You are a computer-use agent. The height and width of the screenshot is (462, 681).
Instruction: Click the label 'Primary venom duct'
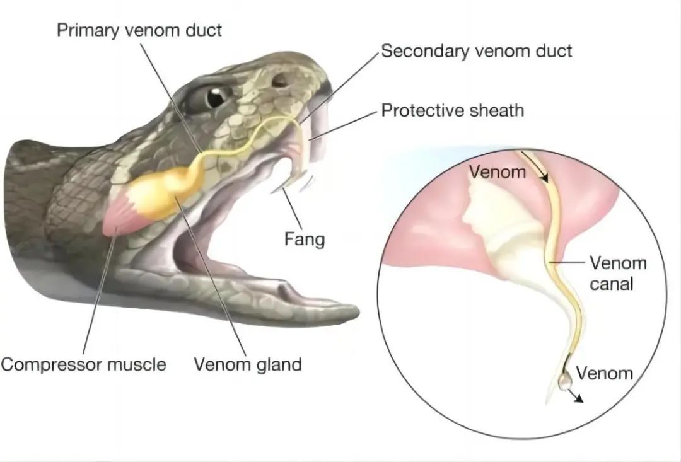tap(139, 30)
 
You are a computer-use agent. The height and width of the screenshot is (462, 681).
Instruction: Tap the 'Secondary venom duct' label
tap(477, 51)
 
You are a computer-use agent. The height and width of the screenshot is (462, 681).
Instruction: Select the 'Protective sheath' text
tap(453, 110)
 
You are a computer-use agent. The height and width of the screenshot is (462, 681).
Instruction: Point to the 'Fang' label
tap(305, 240)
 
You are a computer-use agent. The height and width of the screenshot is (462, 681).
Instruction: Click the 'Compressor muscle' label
tap(83, 364)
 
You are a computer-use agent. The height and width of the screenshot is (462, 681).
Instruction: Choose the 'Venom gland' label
tap(248, 364)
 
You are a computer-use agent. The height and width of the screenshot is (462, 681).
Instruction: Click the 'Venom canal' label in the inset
tap(618, 273)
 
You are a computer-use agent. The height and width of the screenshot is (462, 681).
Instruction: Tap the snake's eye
tap(216, 97)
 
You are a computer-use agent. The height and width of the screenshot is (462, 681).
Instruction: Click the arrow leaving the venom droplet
tap(577, 396)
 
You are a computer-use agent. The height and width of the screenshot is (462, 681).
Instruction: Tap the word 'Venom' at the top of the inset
tap(498, 172)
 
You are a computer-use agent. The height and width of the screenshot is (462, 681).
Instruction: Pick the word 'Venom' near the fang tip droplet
tap(604, 373)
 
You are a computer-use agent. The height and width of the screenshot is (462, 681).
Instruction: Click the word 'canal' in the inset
tap(612, 284)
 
